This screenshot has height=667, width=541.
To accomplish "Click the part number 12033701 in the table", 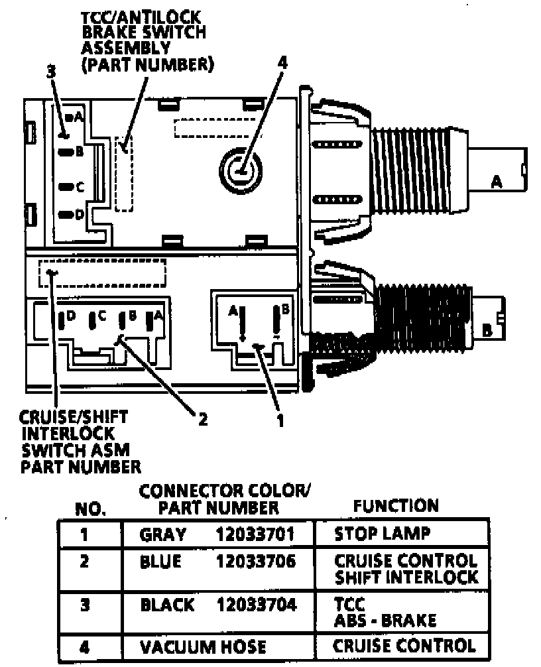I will coord(255,534).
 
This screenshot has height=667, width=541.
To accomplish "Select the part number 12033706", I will coord(255,562).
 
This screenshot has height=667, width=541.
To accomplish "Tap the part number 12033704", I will coord(255,605).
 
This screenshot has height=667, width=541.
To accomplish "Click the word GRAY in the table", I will coord(163,534).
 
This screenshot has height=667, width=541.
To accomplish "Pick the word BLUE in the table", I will coord(160,562).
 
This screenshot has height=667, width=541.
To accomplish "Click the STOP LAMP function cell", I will coord(382,534).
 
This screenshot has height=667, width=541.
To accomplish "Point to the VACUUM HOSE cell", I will coord(203,646).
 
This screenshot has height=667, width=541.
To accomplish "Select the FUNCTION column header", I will coord(396,506).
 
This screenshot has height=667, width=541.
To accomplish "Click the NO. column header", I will coord(91,510).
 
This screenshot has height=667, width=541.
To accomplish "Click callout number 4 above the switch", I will coord(282,63).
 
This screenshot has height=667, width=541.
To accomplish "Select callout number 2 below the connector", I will coord(203,419).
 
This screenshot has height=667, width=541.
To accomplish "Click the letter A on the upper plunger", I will coord(495,180).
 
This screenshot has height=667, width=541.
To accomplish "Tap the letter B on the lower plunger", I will coord(487,330).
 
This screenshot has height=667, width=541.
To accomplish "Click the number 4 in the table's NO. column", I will coord(84,645).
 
